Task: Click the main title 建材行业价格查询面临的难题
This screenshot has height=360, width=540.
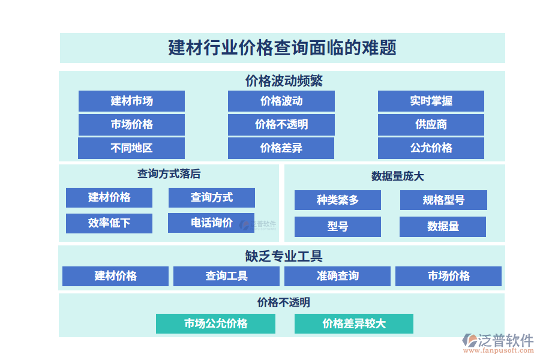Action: [282, 47]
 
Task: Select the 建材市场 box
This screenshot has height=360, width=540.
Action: [131, 101]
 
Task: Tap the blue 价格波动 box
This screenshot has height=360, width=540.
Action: [281, 101]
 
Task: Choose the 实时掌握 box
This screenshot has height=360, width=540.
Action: [431, 101]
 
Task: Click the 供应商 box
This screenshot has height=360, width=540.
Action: [431, 124]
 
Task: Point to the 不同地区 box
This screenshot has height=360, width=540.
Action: [131, 148]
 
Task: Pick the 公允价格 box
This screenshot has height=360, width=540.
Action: [431, 148]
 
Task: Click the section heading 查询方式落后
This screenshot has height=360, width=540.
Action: [169, 174]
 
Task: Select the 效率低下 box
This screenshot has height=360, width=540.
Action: [109, 223]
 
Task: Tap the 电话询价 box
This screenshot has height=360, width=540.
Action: [211, 223]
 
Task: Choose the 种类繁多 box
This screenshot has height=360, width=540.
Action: [337, 200]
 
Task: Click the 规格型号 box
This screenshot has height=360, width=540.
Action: [443, 200]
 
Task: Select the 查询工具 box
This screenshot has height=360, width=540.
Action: [226, 276]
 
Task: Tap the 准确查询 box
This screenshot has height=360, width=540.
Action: [337, 276]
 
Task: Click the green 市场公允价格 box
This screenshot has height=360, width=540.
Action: [215, 323]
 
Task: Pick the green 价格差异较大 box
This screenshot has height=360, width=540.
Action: [353, 323]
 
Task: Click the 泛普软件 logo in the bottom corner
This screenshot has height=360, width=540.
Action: [497, 343]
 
